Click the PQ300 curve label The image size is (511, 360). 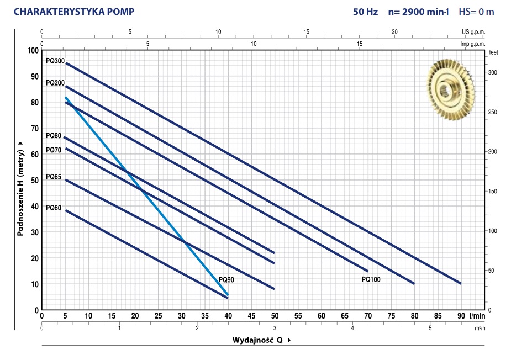(x=55, y=61)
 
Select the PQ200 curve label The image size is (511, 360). (x=55, y=83)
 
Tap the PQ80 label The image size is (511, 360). (x=54, y=135)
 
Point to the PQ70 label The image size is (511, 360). (x=54, y=150)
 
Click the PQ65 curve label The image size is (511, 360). (x=54, y=177)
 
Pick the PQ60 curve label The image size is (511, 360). (x=54, y=208)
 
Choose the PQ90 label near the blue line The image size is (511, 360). (x=226, y=280)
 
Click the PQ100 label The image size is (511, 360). (x=371, y=280)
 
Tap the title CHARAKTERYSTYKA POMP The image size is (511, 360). (x=73, y=11)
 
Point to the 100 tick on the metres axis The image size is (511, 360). (x=33, y=51)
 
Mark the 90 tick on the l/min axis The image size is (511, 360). (x=460, y=316)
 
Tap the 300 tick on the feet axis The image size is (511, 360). (x=493, y=73)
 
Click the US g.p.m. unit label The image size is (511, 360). (x=473, y=32)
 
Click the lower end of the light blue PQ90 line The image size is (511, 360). (x=227, y=294)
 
